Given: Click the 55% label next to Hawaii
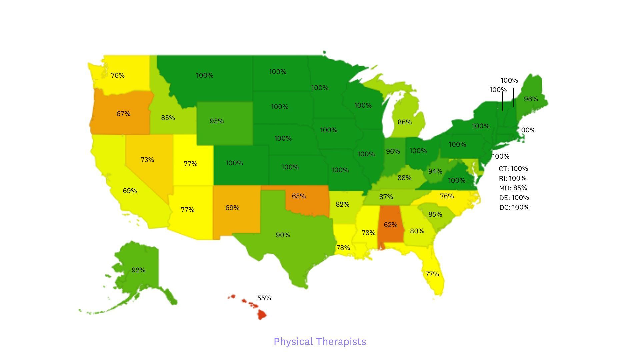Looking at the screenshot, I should click(x=264, y=298).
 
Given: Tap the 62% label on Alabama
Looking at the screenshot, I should click(x=390, y=225).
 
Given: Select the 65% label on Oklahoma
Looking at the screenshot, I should click(x=299, y=196).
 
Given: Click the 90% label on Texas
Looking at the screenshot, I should click(x=283, y=235).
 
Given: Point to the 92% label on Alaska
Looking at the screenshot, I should click(x=138, y=270).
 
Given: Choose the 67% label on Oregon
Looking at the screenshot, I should click(x=123, y=114).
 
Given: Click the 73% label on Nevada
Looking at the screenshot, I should click(x=147, y=160).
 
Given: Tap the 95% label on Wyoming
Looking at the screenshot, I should click(x=217, y=121).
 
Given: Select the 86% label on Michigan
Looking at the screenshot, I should click(x=404, y=122).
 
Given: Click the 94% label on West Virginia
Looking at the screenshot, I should click(x=435, y=171).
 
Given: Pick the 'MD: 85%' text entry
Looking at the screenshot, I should click(x=513, y=188).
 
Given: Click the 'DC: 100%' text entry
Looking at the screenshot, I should click(x=514, y=207).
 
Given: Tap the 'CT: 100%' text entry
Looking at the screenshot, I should click(x=513, y=169).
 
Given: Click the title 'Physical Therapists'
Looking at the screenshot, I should click(x=320, y=341).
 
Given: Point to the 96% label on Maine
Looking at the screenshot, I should click(x=531, y=99).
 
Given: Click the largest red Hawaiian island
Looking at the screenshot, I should click(x=262, y=314).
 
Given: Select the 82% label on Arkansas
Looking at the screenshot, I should click(x=342, y=204).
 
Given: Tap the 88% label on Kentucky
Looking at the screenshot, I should click(x=404, y=178).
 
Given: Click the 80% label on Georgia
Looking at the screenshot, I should click(x=417, y=231).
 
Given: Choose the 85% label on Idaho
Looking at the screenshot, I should click(x=168, y=118).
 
